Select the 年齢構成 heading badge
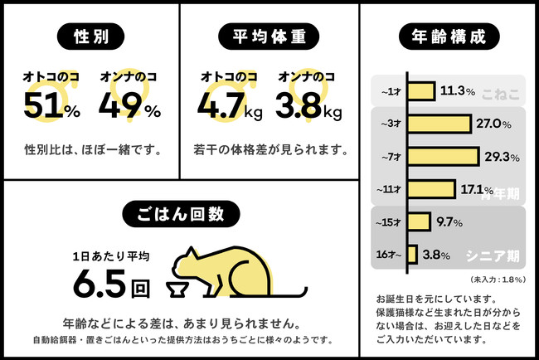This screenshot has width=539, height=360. point(449,36)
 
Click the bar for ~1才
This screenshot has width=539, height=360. point(420,91)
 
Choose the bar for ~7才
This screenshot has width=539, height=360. point(443,156)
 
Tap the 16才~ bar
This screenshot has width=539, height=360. point(411,254)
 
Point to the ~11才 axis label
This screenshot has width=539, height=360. point(390,189)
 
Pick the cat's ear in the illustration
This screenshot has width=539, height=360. point(192,252)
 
